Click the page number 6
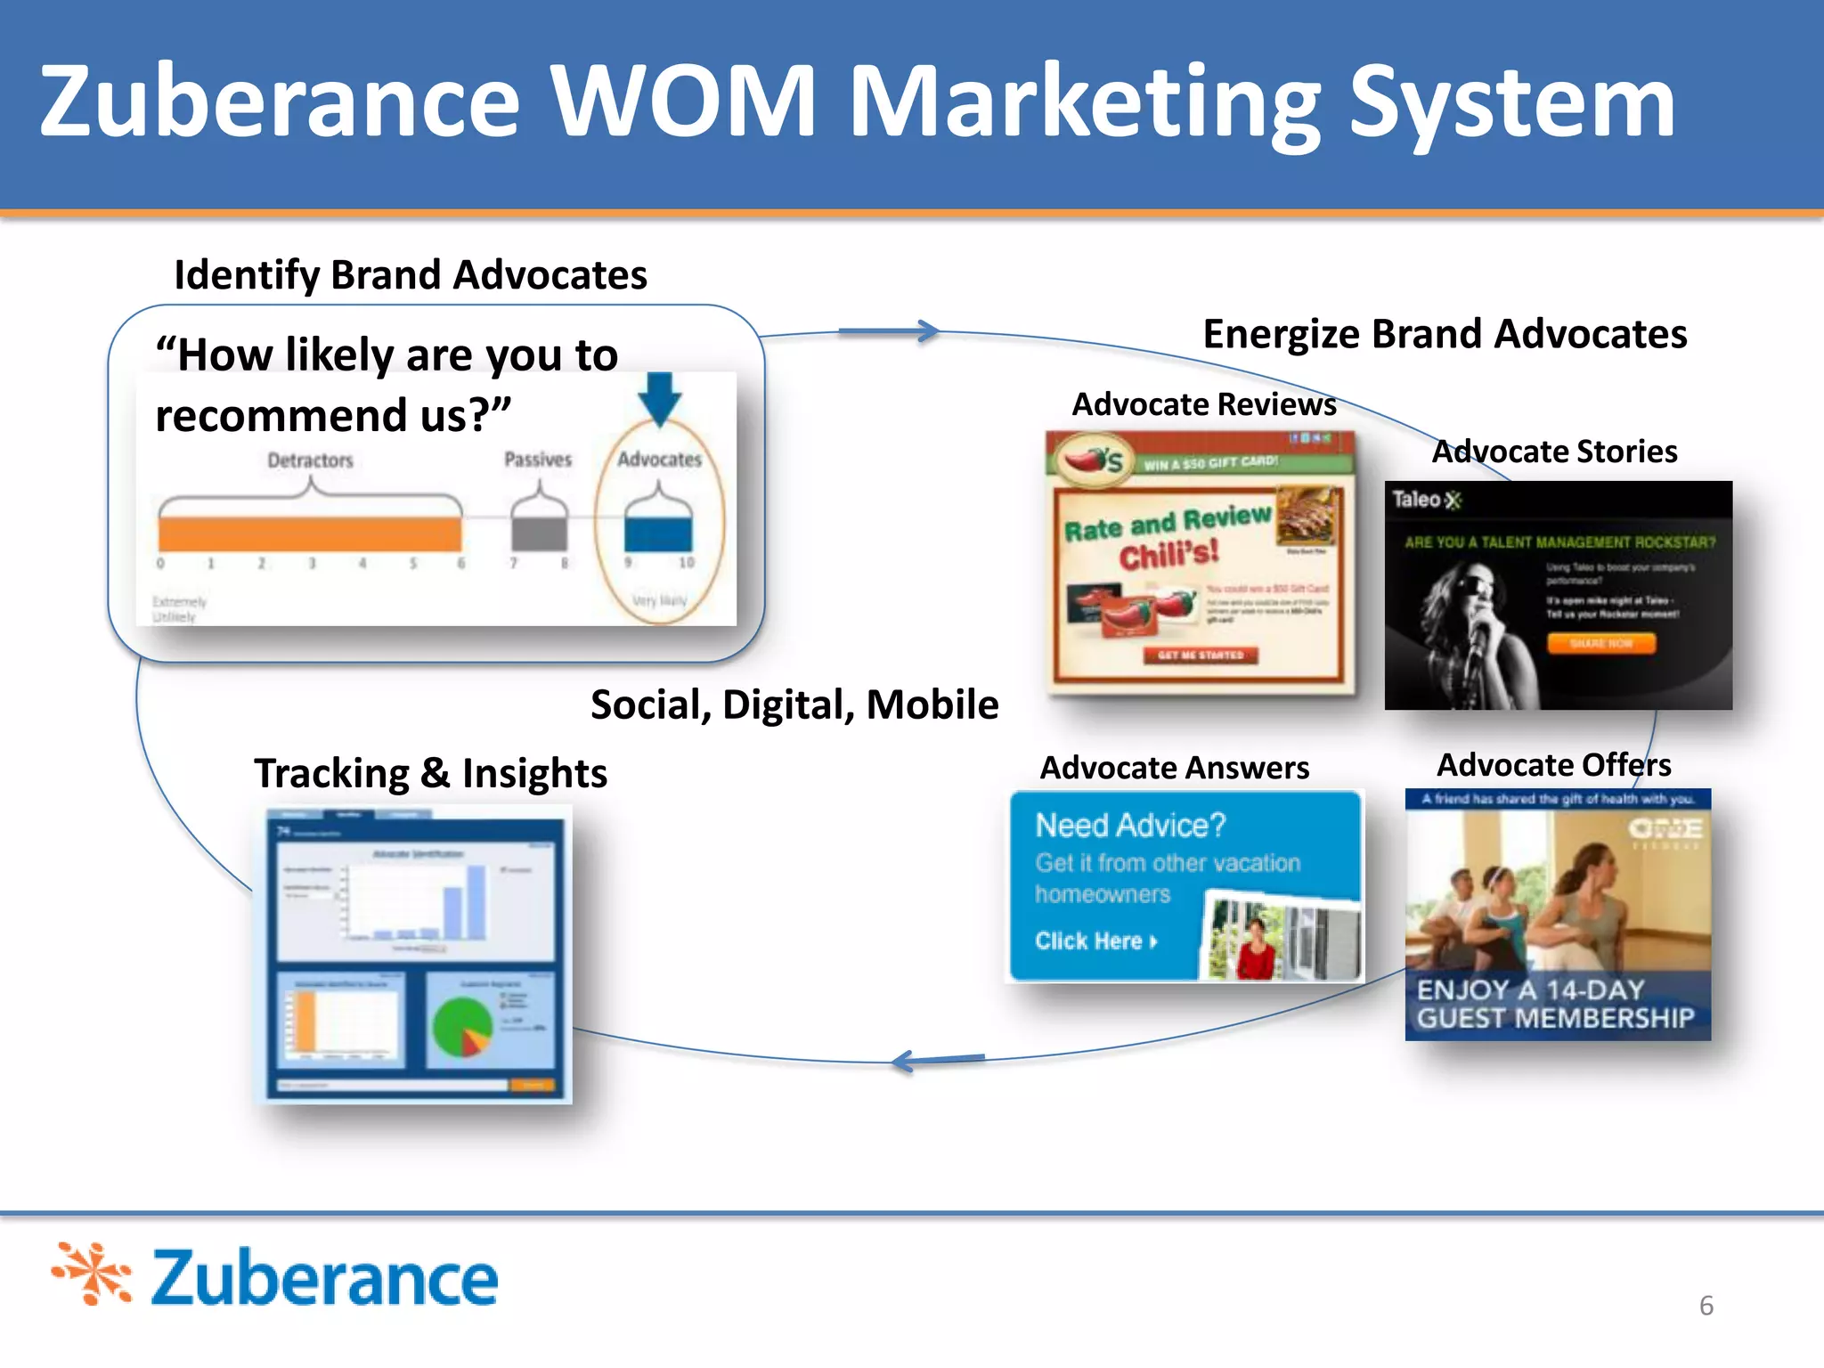[x=1706, y=1305]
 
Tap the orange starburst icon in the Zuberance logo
[x=92, y=1274]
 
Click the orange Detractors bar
[x=310, y=533]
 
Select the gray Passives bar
[x=539, y=533]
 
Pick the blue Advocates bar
[x=658, y=533]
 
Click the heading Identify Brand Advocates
[x=411, y=274]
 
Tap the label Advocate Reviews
[x=1203, y=404]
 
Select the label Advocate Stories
[x=1554, y=452]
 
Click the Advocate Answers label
[x=1175, y=768]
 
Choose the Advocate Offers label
[x=1554, y=765]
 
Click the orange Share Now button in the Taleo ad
[x=1600, y=643]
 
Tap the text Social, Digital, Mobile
[x=794, y=704]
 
